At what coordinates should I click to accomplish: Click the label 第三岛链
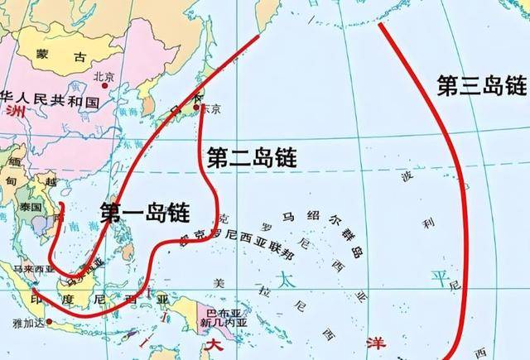[481, 84]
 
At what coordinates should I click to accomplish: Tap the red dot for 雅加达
[50, 321]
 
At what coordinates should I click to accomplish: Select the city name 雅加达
[26, 326]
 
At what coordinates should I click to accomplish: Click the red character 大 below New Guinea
[214, 343]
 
